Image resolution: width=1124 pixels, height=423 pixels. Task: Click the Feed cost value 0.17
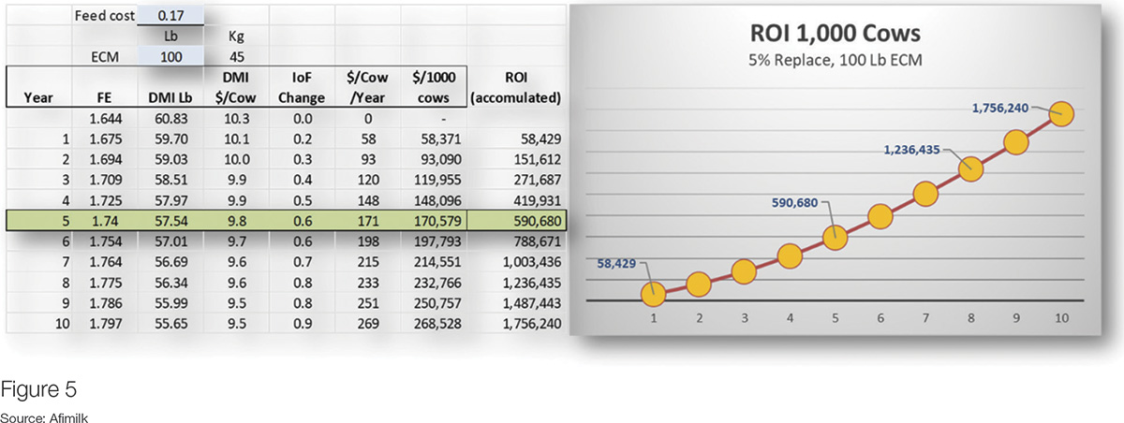[x=170, y=16]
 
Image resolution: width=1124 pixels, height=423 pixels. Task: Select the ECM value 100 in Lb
[x=170, y=57]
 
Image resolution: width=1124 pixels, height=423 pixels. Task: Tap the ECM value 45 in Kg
[x=236, y=57]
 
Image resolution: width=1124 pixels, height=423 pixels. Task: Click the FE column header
[x=104, y=97]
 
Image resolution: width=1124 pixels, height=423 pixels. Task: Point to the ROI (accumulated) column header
[x=516, y=87]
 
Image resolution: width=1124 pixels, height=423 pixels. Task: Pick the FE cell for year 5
[x=104, y=221]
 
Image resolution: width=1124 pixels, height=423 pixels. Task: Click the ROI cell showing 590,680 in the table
[x=537, y=221]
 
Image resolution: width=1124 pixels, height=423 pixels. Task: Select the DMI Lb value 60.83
[x=170, y=118]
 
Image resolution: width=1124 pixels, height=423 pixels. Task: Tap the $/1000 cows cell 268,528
[x=437, y=323]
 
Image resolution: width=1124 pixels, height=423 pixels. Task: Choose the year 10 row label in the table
[x=62, y=323]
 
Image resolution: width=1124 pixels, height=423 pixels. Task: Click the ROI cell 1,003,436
[x=532, y=262]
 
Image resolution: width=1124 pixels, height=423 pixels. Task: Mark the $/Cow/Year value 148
[x=368, y=200]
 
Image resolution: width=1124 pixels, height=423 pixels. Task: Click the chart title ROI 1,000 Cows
[x=835, y=34]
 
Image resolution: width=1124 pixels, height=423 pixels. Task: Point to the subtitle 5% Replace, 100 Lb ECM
[x=835, y=60]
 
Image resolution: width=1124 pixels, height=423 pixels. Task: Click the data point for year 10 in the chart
[x=1061, y=114]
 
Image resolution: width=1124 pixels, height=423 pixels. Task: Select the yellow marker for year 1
[x=654, y=294]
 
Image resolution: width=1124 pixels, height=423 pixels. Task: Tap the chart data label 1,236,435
[x=911, y=150]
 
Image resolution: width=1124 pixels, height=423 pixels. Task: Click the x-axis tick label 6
[x=880, y=318]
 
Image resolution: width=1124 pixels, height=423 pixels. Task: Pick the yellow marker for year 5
[x=835, y=238]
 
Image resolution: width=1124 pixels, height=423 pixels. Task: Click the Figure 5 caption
[x=38, y=389]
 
